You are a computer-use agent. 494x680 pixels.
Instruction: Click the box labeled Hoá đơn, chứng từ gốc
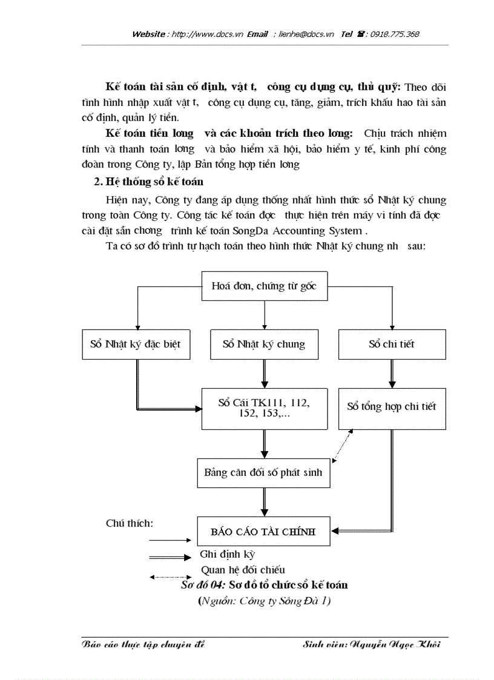264,286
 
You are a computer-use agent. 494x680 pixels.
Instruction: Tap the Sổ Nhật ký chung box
264,344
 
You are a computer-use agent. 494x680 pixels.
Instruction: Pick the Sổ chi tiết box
392,344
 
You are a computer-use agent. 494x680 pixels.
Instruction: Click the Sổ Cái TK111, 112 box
264,407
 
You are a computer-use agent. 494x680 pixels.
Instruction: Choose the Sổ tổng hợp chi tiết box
392,407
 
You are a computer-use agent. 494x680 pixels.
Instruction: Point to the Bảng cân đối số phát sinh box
264,472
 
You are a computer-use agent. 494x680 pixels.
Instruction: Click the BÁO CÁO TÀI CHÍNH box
264,532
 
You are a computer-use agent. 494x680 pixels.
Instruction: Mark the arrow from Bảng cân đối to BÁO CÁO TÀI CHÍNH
264,502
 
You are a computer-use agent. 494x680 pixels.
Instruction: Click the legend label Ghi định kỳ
228,554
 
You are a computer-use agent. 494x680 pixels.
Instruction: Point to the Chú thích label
130,523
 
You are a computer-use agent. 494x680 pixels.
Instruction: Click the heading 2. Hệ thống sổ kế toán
148,181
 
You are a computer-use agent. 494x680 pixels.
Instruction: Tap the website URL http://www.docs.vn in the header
208,34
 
